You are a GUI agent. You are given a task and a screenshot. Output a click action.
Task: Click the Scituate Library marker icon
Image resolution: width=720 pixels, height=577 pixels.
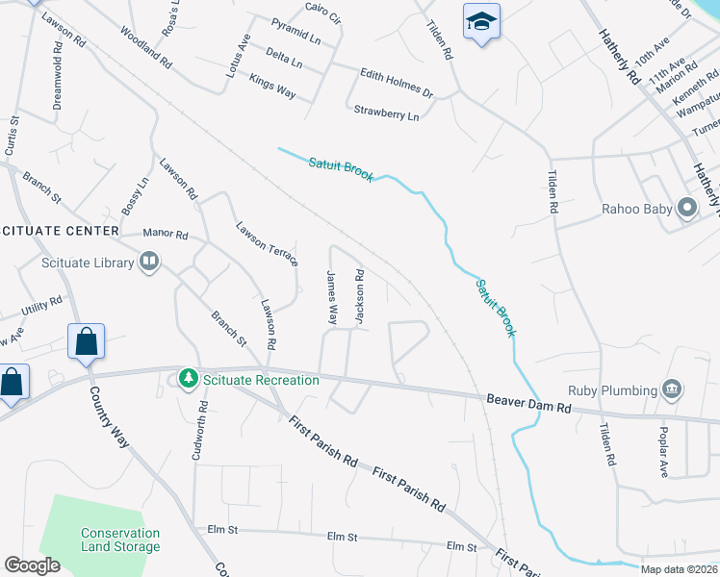149,261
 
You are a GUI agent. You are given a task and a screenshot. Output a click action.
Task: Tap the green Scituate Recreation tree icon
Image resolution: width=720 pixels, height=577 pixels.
189,379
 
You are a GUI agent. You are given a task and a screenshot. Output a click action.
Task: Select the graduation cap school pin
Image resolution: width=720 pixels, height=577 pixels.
481,21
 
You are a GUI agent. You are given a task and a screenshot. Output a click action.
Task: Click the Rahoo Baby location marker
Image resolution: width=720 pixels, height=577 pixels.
687,208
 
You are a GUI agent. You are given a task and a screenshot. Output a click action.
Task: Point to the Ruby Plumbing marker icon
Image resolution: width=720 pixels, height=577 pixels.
673,390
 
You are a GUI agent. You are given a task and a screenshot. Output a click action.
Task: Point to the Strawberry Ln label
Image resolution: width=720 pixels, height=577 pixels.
387,113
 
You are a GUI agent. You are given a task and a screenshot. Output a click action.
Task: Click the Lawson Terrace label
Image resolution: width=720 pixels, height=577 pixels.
268,244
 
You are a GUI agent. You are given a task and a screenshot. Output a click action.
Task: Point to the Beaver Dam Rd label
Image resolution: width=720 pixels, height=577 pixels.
528,402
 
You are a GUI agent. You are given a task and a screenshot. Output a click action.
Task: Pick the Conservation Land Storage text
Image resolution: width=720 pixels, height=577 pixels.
120,540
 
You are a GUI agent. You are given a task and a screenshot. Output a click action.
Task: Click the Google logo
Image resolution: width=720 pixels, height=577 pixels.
33,565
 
